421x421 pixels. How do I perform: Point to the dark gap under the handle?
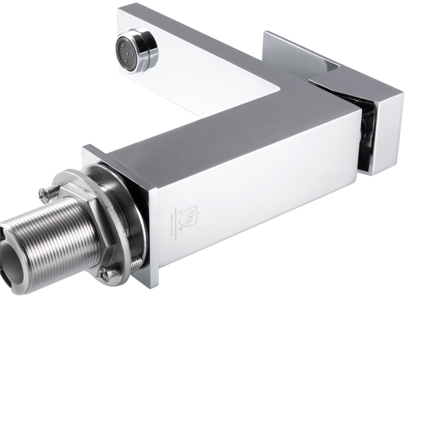point(366,137)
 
